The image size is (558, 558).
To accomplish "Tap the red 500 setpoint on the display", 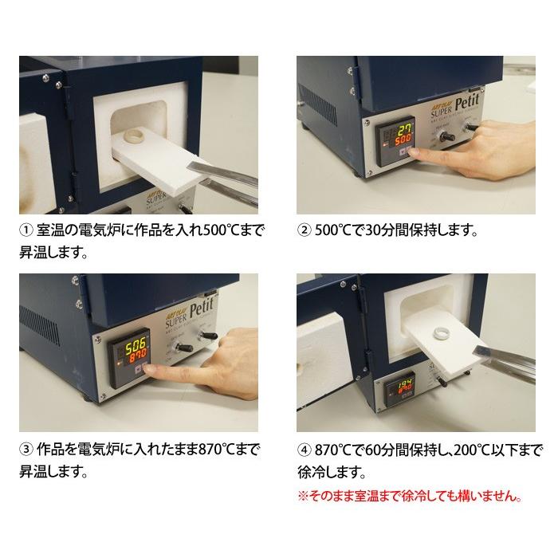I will pyautogui.click(x=403, y=141).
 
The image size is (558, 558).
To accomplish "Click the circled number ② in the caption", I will pyautogui.click(x=304, y=231).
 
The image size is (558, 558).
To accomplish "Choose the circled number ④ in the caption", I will pyautogui.click(x=304, y=448).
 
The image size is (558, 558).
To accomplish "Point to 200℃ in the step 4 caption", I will pyautogui.click(x=455, y=448).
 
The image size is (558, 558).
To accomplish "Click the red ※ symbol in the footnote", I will pyautogui.click(x=302, y=496).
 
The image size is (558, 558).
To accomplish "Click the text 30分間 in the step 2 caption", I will pyautogui.click(x=375, y=231).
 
